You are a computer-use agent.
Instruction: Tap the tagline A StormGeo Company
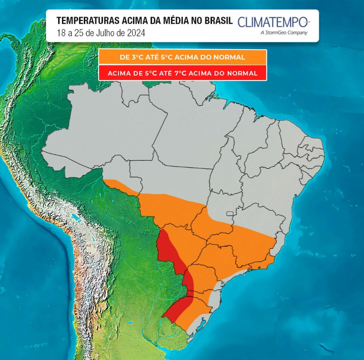click(284, 33)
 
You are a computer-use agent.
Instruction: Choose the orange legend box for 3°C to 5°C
click(182, 57)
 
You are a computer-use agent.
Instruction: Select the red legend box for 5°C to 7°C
click(182, 73)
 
